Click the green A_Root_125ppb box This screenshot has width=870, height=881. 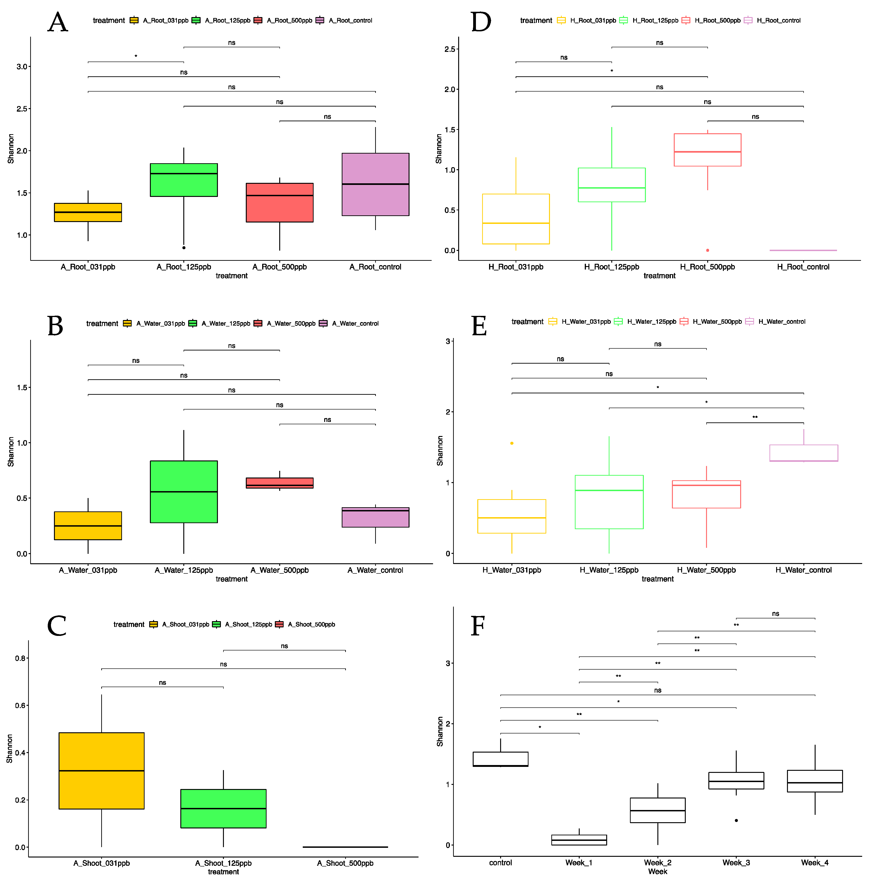184,180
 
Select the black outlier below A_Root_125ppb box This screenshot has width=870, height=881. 184,248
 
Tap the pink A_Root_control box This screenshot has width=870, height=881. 375,184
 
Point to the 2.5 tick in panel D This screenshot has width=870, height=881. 450,49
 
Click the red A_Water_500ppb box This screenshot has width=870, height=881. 279,483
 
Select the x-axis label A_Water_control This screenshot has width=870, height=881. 375,570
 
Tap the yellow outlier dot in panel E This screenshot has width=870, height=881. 512,443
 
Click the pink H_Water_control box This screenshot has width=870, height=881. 803,453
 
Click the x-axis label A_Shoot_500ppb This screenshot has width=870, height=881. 345,863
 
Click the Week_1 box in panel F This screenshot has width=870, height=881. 579,840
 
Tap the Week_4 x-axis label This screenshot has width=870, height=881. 815,863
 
